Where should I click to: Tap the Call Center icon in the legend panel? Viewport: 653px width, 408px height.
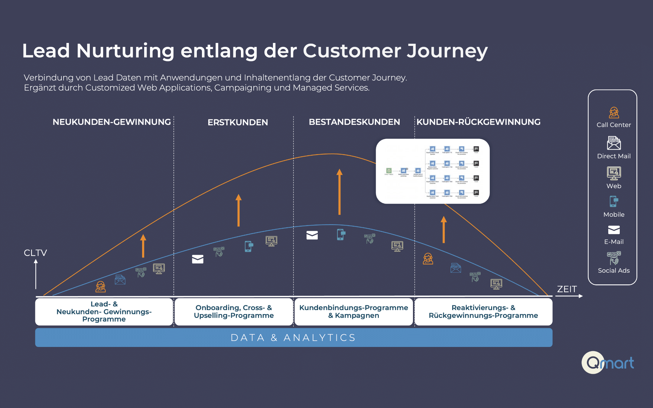[614, 113]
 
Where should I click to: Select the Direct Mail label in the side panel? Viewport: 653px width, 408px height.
[614, 156]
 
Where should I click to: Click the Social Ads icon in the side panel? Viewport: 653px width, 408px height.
[614, 258]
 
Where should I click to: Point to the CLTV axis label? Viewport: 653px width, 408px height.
[35, 253]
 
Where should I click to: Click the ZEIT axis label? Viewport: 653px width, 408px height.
[567, 289]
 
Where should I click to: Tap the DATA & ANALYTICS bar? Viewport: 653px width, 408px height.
[294, 338]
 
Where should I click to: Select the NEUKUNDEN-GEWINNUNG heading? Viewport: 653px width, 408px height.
[112, 122]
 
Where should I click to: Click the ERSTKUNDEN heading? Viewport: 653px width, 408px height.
[238, 122]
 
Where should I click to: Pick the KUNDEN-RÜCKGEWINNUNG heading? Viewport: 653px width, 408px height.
[478, 122]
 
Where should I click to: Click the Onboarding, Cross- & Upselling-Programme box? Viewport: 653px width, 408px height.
[234, 312]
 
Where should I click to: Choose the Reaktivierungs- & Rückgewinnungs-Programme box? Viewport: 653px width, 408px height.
[483, 312]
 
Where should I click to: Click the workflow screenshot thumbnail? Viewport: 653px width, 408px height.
[433, 171]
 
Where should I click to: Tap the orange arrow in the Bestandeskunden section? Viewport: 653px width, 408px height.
[339, 192]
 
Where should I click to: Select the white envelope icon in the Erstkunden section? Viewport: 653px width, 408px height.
[198, 259]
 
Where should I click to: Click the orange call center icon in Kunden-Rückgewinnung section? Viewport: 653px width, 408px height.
[428, 259]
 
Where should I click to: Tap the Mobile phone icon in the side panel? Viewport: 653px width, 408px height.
[613, 202]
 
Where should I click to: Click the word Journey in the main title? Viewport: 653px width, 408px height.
[447, 51]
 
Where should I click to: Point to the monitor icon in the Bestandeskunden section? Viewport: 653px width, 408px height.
[397, 246]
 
